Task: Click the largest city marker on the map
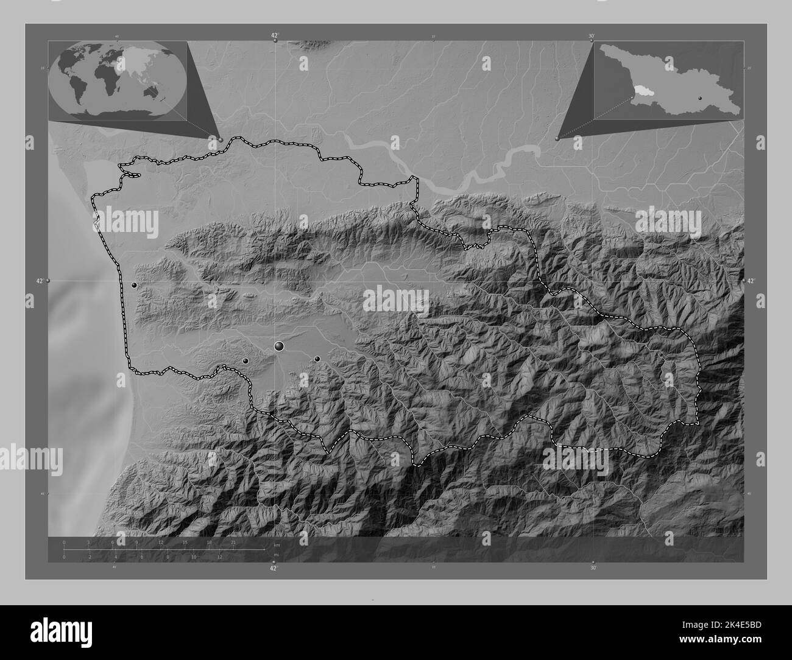tap(280, 346)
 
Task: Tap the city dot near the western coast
tap(134, 285)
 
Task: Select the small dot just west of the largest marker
tap(246, 361)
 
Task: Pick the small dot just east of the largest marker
tap(317, 359)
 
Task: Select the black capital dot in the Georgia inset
tap(700, 97)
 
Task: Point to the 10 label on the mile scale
tap(194, 556)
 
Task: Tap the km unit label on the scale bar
tap(277, 544)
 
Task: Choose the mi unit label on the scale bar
tap(276, 555)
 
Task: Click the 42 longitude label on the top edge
tap(275, 36)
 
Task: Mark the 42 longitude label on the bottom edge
tap(274, 568)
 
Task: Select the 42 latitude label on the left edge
tap(40, 281)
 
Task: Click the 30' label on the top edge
tap(592, 36)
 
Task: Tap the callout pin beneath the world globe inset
tap(221, 139)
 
